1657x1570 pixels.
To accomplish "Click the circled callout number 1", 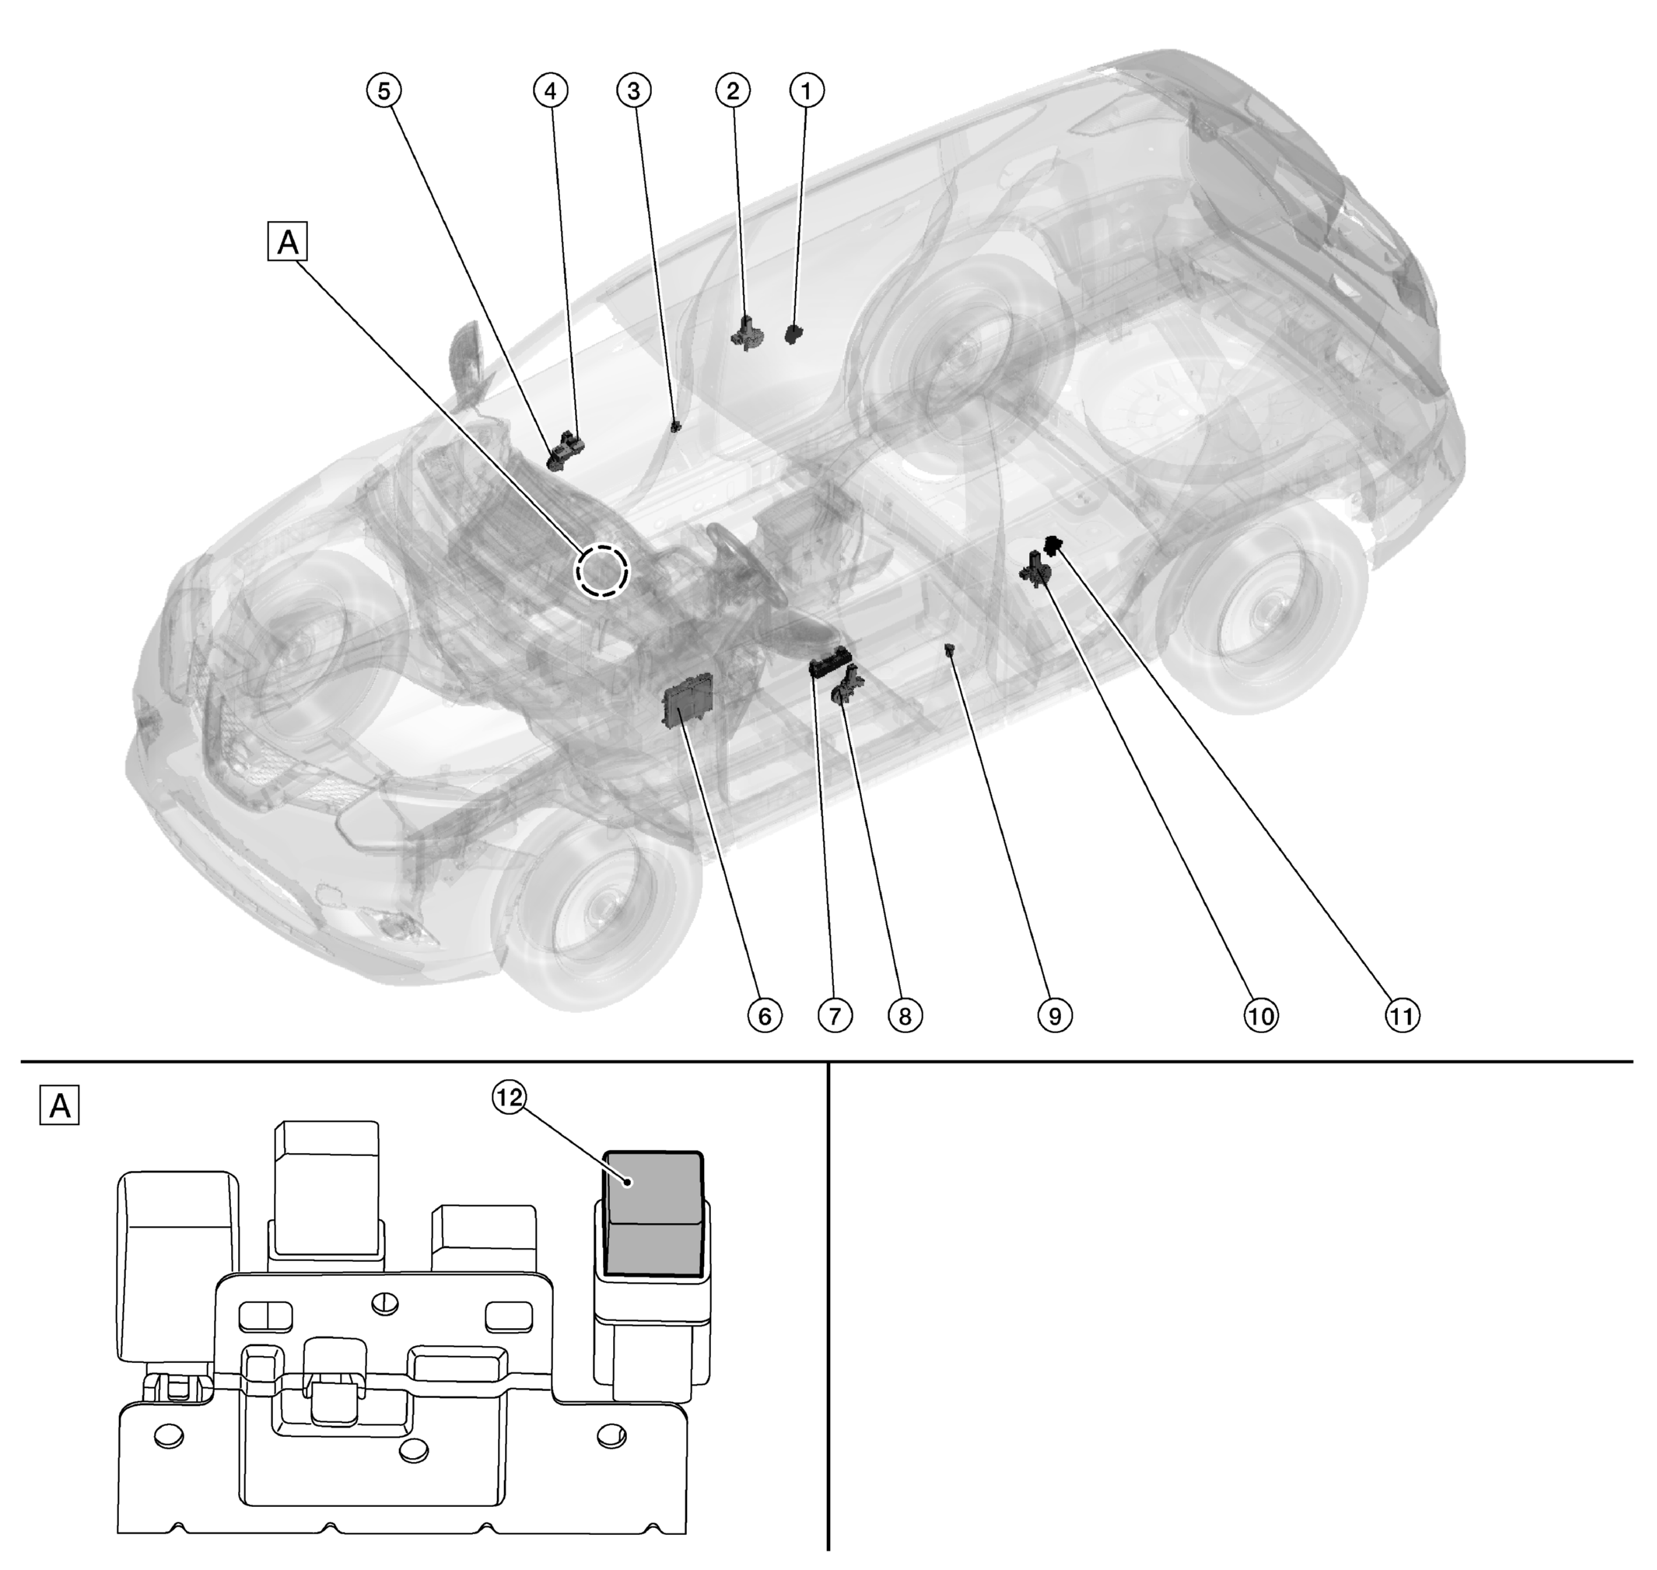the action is tap(807, 89).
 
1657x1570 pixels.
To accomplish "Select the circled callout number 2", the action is tap(733, 89).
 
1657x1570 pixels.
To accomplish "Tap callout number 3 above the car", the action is tap(633, 89).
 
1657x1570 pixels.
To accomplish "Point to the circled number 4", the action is tap(550, 89).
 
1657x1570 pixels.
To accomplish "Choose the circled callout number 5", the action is tap(384, 89).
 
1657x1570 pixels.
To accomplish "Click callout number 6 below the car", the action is tap(764, 1016).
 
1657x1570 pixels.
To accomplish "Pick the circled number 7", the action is tap(835, 1016).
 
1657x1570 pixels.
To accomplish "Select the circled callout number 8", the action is tap(905, 1016).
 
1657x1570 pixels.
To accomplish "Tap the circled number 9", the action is tap(1054, 1016).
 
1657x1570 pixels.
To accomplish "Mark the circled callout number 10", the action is tap(1261, 1016).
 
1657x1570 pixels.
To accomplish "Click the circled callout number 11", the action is tap(1403, 1016).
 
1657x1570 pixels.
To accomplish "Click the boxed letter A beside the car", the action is tap(287, 241).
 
